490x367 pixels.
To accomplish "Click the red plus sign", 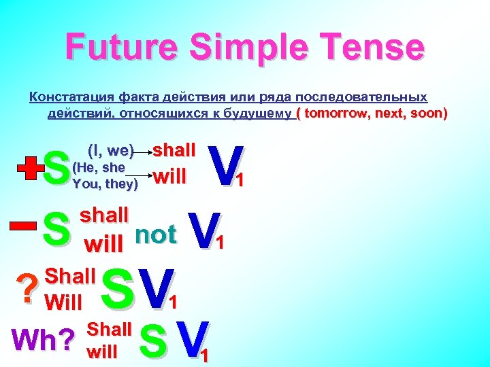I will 28,169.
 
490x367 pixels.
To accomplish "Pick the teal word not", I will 156,234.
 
